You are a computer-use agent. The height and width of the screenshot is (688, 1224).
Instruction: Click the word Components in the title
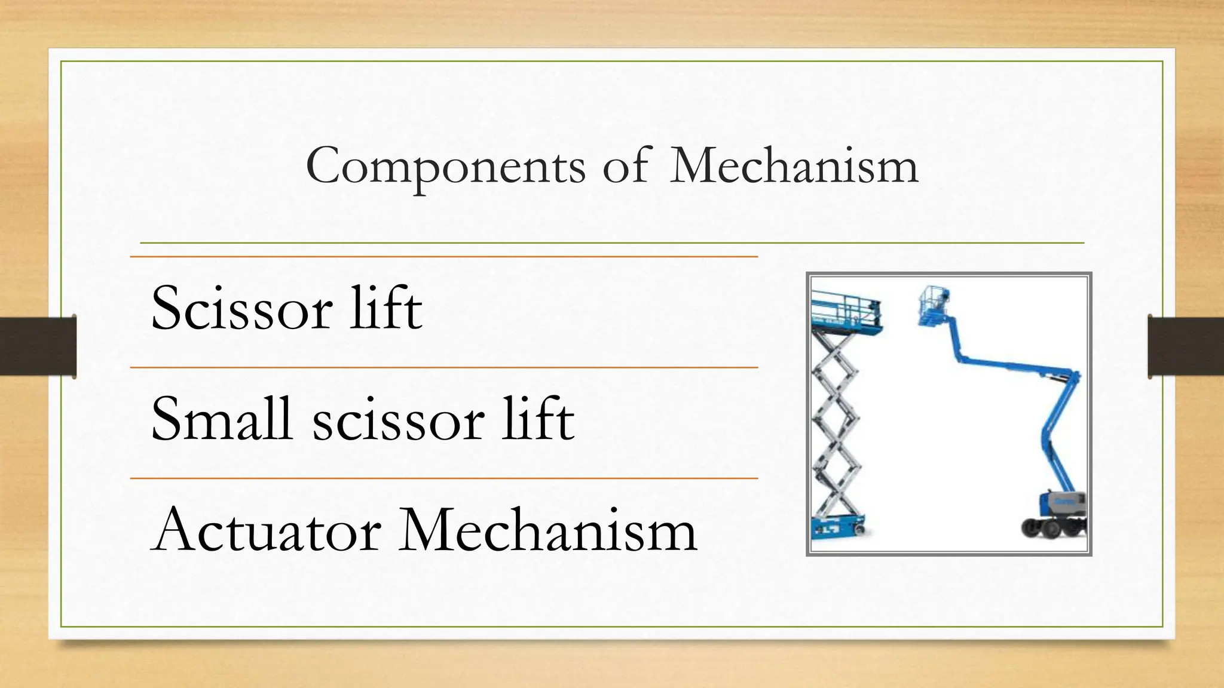click(445, 166)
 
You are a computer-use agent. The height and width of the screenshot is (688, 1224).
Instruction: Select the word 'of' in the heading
click(625, 165)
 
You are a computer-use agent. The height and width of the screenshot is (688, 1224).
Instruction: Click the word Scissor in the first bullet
click(241, 309)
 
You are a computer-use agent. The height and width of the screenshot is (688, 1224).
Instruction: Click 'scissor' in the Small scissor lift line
click(398, 420)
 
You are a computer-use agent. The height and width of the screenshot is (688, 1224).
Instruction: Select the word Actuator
click(266, 530)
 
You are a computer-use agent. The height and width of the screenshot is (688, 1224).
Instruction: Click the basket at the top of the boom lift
click(934, 306)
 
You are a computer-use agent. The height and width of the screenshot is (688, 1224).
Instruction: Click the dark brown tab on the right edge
click(1186, 346)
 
